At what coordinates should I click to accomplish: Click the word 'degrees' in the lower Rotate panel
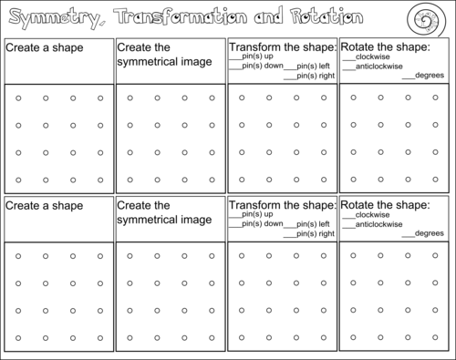(428, 232)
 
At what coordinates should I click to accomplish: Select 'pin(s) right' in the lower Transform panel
(314, 234)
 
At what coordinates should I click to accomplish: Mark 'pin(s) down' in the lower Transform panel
(261, 224)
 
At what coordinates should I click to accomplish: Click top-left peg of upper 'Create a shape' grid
(18, 98)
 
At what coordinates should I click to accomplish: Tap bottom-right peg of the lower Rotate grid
(436, 338)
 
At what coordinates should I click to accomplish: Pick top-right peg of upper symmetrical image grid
(212, 98)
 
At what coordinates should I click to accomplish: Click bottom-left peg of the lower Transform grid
(242, 338)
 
